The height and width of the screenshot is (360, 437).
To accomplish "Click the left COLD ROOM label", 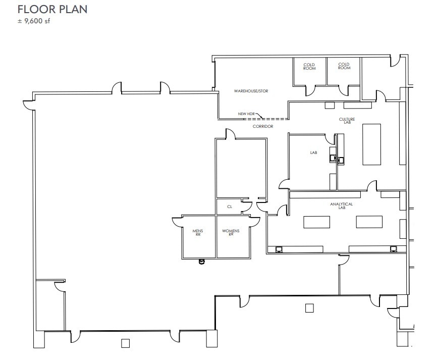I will (x=309, y=66).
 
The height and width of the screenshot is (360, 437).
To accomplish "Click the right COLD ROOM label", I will (x=344, y=66).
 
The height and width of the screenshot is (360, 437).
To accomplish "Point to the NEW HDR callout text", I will (x=246, y=114).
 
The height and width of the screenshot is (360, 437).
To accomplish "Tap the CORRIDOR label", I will (x=263, y=126).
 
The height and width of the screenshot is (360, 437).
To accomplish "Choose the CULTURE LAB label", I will (x=347, y=121).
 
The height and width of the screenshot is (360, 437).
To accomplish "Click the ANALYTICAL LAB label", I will (x=341, y=205).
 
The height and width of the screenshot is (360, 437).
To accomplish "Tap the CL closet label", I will (x=230, y=207).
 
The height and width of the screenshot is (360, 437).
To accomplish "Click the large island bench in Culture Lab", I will (x=372, y=144).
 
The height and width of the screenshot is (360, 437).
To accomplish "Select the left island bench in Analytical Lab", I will (x=316, y=222).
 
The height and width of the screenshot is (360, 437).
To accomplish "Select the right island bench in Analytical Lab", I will (x=370, y=222).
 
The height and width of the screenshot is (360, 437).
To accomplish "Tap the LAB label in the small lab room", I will (x=313, y=152).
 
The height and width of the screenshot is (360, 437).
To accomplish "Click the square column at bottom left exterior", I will (x=126, y=344).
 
